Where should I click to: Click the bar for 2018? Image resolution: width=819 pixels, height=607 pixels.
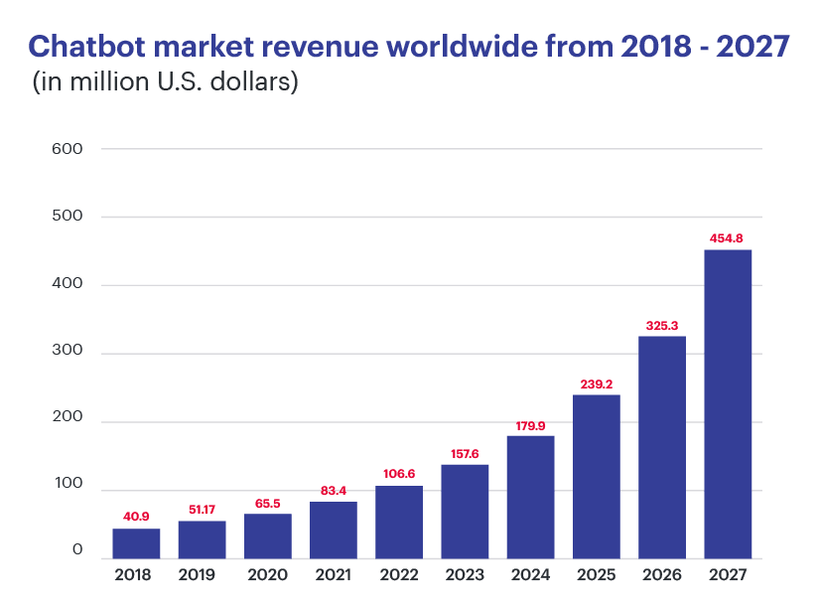[x=136, y=543]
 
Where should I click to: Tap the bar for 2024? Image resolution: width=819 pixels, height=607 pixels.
[x=530, y=497]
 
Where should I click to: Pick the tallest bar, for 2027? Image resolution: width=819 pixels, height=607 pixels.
[x=728, y=403]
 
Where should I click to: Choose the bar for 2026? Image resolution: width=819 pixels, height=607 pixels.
[x=662, y=447]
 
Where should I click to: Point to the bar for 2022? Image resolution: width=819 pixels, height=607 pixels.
[x=399, y=523]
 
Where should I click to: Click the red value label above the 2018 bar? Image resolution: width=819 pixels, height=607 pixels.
[x=136, y=517]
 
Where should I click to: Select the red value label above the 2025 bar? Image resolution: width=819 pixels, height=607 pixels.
[x=596, y=383]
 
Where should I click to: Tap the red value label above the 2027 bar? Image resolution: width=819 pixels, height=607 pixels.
[x=728, y=238]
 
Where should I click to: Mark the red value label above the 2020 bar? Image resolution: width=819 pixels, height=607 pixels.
[x=268, y=503]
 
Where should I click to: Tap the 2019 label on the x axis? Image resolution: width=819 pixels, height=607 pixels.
[x=202, y=574]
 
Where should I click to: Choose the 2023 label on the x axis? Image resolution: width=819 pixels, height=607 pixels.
[x=465, y=574]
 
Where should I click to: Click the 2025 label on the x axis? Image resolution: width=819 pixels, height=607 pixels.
[x=596, y=574]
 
